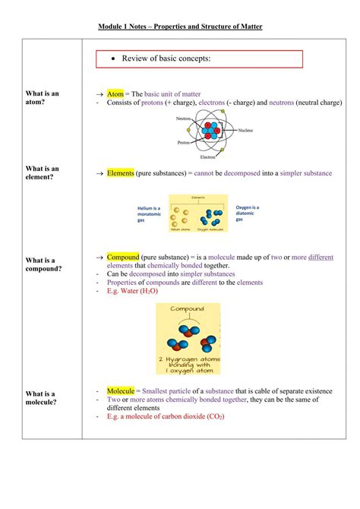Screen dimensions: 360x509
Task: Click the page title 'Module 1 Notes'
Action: [x=180, y=28]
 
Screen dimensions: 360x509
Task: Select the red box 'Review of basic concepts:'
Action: [x=201, y=59]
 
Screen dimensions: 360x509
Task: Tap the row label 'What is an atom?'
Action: [x=43, y=97]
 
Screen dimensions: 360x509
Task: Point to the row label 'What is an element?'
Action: [x=43, y=173]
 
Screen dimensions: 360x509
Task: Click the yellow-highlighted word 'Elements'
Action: [x=121, y=173]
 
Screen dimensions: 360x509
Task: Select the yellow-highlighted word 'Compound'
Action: [x=122, y=258]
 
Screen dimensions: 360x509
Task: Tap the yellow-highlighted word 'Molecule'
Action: [x=121, y=390]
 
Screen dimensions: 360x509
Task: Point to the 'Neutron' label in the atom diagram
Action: [x=183, y=119]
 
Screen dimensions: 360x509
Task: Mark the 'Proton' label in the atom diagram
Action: [x=184, y=142]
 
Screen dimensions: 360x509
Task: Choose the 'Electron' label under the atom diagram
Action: [x=207, y=157]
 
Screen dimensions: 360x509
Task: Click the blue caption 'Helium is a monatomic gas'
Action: [x=149, y=213]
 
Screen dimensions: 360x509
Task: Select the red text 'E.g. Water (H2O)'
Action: [x=137, y=292]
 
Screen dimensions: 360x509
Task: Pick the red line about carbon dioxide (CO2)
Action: [x=166, y=416]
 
